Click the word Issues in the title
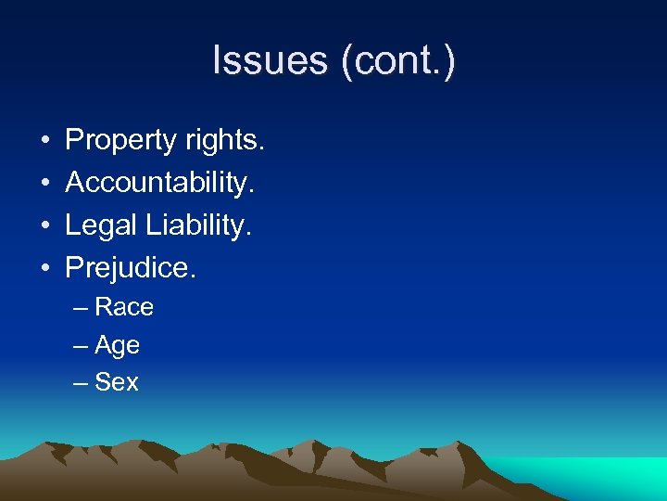pyautogui.click(x=271, y=61)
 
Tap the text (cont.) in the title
pyautogui.click(x=397, y=61)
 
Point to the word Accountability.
pyautogui.click(x=159, y=183)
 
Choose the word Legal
pyautogui.click(x=99, y=225)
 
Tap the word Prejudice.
pyautogui.click(x=131, y=268)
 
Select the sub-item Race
pyautogui.click(x=124, y=307)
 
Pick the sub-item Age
pyautogui.click(x=118, y=345)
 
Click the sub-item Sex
pyautogui.click(x=117, y=382)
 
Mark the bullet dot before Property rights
pyautogui.click(x=44, y=142)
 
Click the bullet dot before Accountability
pyautogui.click(x=44, y=184)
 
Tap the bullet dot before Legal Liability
pyautogui.click(x=44, y=226)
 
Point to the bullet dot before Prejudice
pyautogui.click(x=44, y=269)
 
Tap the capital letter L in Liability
pyautogui.click(x=151, y=225)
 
